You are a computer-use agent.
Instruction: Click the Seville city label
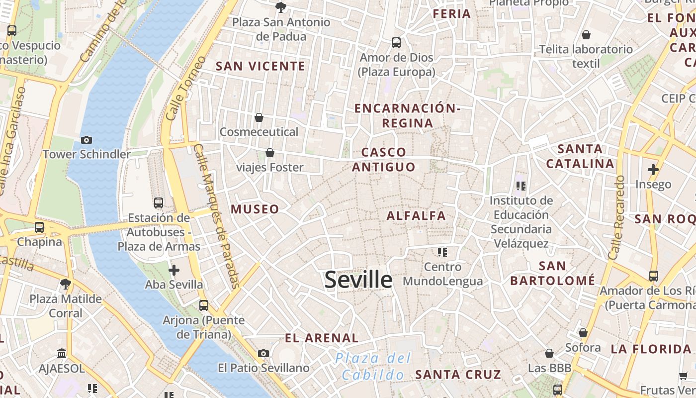coord(358,280)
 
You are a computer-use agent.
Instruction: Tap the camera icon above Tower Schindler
coord(87,140)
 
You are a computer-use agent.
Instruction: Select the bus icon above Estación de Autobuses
coord(159,203)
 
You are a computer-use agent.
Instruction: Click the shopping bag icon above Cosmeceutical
coord(259,117)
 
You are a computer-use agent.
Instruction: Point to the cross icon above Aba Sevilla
coord(174,270)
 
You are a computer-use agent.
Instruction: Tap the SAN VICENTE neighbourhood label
coord(260,66)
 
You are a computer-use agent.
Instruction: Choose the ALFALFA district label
coord(416,216)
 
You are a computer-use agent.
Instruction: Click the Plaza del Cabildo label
coord(373,366)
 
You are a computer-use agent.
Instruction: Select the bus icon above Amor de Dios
coord(396,43)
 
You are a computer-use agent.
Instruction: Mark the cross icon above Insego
coord(653,170)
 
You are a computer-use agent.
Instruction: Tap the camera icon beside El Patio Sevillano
coord(263,354)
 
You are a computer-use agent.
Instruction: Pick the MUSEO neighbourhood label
coord(255,209)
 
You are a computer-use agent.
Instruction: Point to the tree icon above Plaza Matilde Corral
coord(65,284)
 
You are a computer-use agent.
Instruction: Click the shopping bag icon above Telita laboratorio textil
coord(586,35)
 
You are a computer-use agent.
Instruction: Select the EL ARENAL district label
coord(322,338)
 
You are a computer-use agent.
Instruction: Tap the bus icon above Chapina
coord(39,227)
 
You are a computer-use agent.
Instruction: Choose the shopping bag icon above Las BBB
coord(549,353)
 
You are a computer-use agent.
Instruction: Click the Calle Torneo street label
coord(185,88)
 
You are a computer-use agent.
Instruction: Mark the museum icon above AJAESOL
coord(62,354)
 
